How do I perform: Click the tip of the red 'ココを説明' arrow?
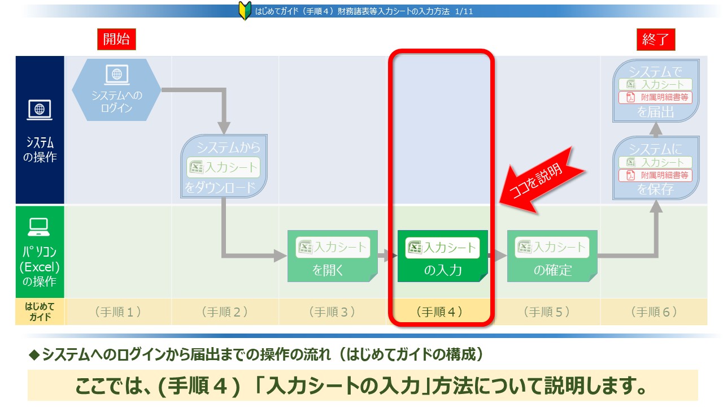pos(500,203)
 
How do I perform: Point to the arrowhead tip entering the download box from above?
pos(224,134)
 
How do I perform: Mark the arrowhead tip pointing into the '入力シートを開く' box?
pos(287,256)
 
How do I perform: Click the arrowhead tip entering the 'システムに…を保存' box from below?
pos(656,201)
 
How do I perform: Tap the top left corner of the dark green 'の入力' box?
pos(398,230)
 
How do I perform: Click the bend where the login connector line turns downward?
pos(224,90)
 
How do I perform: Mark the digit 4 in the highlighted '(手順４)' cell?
pos(451,312)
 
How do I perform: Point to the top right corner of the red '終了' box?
pos(675,29)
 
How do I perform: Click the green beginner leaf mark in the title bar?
pos(245,11)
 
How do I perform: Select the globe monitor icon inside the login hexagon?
pos(117,75)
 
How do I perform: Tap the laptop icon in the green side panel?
pos(39,227)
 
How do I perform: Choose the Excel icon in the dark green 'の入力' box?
pos(415,248)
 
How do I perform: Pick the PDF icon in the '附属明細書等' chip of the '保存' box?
pos(630,175)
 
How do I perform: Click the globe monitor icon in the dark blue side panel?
pos(40,110)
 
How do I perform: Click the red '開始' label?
pos(116,40)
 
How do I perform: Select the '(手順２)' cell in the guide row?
pos(225,311)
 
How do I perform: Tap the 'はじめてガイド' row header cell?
pos(40,311)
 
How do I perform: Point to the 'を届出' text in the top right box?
pos(656,112)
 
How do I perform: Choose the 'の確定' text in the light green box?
pos(552,270)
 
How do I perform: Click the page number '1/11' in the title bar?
pos(464,12)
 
